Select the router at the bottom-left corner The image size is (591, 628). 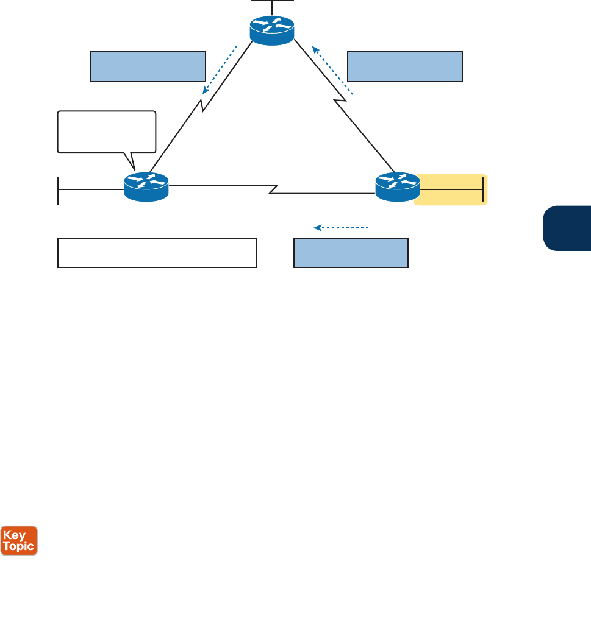[x=146, y=186]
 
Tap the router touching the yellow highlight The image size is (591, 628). [x=397, y=186]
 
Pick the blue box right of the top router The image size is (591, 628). [x=405, y=66]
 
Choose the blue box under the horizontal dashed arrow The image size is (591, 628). [x=351, y=252]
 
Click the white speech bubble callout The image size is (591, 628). [x=107, y=131]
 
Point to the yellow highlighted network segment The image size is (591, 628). [x=451, y=189]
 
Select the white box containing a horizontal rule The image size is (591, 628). [x=157, y=253]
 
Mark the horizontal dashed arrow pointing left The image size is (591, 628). [x=342, y=228]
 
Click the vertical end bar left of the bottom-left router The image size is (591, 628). [x=58, y=190]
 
